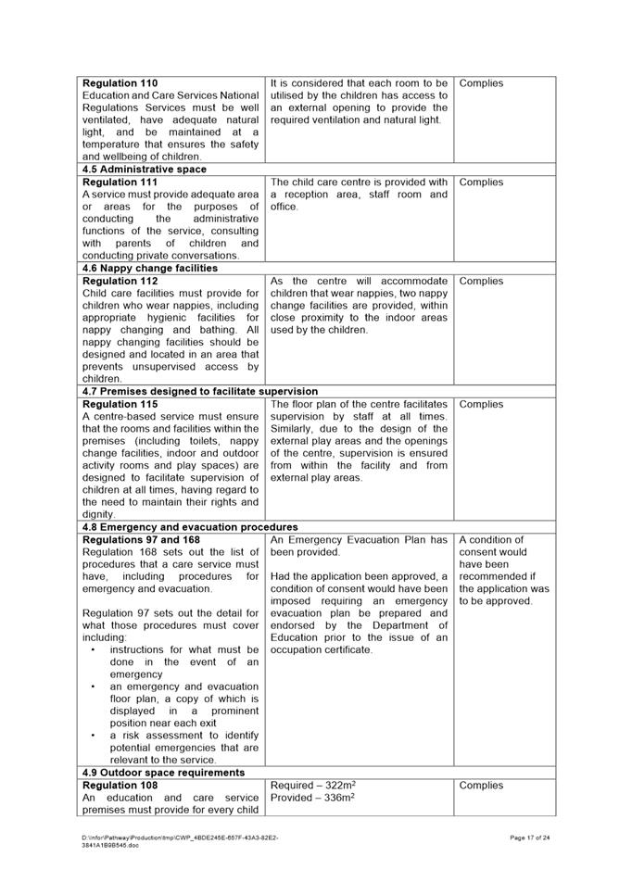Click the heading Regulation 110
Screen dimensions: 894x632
pyautogui.click(x=120, y=83)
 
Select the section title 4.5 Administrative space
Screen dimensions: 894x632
pyautogui.click(x=145, y=170)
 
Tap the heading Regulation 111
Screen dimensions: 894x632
pyautogui.click(x=120, y=183)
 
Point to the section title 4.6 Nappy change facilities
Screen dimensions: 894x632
pyautogui.click(x=150, y=269)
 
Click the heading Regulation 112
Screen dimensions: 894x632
pyautogui.click(x=120, y=281)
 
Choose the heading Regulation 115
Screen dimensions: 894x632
pyautogui.click(x=120, y=405)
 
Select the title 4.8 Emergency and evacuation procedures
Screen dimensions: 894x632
pyautogui.click(x=190, y=527)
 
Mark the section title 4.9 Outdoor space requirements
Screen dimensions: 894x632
pyautogui.click(x=163, y=773)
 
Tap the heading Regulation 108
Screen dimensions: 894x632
pyautogui.click(x=120, y=786)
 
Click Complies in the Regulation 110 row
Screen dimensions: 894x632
pyautogui.click(x=482, y=83)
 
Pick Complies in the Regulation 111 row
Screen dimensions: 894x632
pyautogui.click(x=482, y=183)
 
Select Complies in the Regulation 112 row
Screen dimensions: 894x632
pyautogui.click(x=482, y=281)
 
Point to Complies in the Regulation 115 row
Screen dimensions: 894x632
pyautogui.click(x=482, y=405)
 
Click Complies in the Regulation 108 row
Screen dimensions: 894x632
pyautogui.click(x=482, y=786)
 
